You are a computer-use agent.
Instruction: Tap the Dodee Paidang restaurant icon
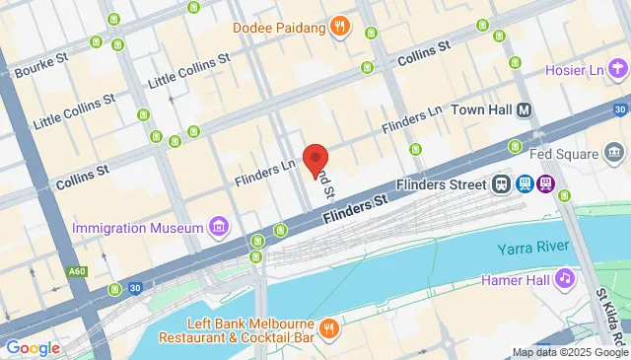(340, 27)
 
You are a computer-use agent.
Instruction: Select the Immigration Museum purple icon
(219, 229)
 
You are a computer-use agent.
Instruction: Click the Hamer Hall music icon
(565, 279)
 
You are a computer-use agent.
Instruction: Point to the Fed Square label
(565, 155)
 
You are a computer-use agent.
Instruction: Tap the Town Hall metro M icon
(524, 109)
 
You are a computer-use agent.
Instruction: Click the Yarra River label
(531, 247)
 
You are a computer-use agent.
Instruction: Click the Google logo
(33, 347)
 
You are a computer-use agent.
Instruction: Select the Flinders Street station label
(439, 184)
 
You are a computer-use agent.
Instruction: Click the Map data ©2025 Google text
(570, 352)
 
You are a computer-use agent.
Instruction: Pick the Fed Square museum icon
(615, 154)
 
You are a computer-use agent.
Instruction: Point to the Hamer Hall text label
(514, 279)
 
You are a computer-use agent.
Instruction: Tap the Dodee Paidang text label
(279, 27)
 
